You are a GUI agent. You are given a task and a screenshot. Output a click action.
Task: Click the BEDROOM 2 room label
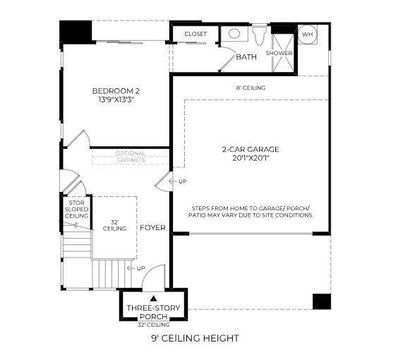click(x=116, y=91)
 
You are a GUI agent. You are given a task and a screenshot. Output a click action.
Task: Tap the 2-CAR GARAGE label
click(x=251, y=149)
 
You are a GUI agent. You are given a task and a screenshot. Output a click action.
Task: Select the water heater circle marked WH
click(x=308, y=34)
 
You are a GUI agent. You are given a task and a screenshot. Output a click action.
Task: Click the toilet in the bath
click(x=260, y=35)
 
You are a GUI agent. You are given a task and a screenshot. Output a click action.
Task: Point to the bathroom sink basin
click(x=234, y=33)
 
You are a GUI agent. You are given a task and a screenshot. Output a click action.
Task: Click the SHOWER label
click(x=279, y=53)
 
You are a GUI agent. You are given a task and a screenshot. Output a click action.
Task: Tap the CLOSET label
click(x=195, y=34)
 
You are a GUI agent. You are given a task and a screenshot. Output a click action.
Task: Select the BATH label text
click(x=246, y=57)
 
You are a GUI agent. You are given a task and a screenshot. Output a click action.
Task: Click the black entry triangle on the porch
click(x=153, y=298)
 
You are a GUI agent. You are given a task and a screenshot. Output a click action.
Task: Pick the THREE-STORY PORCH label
click(x=153, y=312)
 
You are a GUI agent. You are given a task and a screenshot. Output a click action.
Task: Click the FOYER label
click(x=152, y=228)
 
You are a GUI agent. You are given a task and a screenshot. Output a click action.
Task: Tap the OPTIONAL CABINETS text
click(x=131, y=157)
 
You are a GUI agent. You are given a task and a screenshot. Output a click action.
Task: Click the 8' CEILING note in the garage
click(x=251, y=88)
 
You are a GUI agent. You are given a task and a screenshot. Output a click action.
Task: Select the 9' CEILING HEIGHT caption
click(x=195, y=338)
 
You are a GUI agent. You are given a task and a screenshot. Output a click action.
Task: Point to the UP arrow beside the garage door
click(x=173, y=181)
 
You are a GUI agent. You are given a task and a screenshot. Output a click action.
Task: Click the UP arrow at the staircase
click(x=131, y=268)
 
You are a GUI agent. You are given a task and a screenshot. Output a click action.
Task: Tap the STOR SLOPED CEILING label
click(x=76, y=210)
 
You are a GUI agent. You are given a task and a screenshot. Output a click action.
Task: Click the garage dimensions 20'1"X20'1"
click(x=251, y=158)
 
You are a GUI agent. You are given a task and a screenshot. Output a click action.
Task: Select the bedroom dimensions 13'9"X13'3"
click(x=116, y=100)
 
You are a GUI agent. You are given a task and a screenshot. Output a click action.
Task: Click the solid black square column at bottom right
click(x=322, y=301)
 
